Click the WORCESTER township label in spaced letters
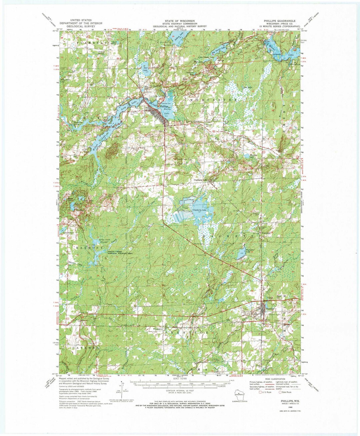click(x=213, y=100)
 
